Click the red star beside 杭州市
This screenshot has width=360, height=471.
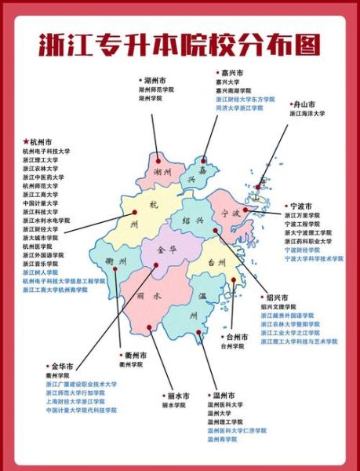click(25, 142)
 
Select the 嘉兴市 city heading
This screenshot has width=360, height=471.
click(229, 71)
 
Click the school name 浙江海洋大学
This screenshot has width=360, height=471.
click(307, 114)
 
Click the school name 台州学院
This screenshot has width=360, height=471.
click(233, 345)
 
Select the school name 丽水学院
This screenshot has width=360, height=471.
click(176, 405)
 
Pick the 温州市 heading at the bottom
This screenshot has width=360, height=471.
click(224, 395)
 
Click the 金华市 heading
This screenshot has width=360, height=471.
click(62, 366)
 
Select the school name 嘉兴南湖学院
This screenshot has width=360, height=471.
click(234, 89)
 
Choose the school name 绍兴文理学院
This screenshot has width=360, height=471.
click(280, 307)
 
